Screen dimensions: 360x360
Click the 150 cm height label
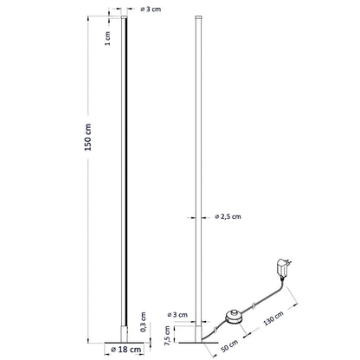pos(87,144)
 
